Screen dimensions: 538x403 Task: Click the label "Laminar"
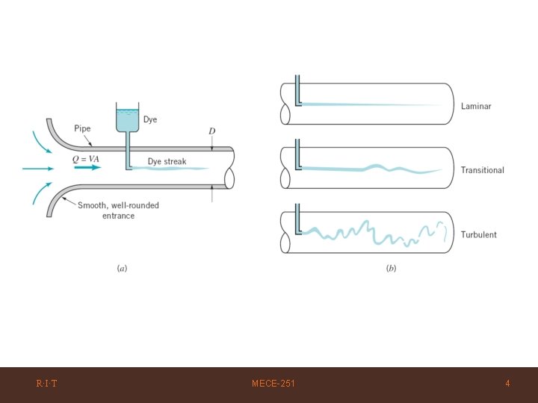[476, 106]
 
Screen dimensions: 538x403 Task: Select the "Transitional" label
[482, 170]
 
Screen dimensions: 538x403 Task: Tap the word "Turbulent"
[479, 234]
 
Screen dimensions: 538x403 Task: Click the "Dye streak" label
[167, 161]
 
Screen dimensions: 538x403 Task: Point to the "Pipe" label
[82, 128]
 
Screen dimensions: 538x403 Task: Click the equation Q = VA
[85, 159]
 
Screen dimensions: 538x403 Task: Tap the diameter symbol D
[212, 131]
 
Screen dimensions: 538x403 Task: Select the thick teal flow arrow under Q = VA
[87, 168]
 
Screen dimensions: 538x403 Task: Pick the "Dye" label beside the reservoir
[150, 119]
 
